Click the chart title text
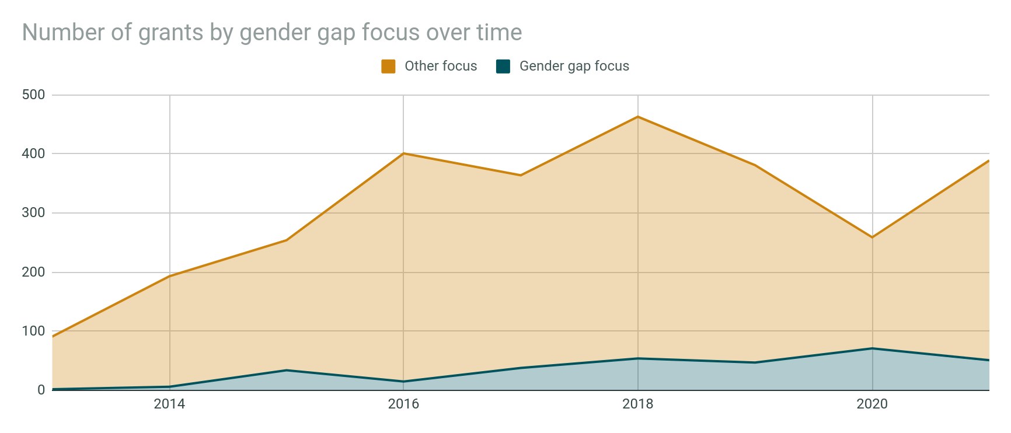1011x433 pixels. (x=272, y=33)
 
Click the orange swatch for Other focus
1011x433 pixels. (x=388, y=67)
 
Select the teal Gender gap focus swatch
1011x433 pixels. (x=503, y=67)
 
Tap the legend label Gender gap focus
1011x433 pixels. (x=574, y=67)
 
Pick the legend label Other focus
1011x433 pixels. (x=441, y=67)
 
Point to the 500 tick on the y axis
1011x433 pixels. (x=33, y=95)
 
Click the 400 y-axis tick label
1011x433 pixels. (x=33, y=153)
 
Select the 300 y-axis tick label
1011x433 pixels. (x=33, y=213)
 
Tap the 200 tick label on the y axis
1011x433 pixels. (x=33, y=272)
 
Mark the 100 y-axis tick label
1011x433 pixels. (x=33, y=331)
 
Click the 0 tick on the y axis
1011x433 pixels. (x=41, y=390)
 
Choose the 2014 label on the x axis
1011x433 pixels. (x=169, y=404)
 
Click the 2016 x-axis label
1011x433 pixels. (x=403, y=404)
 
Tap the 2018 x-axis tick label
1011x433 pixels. (x=638, y=404)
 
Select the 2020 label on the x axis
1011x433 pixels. (x=872, y=404)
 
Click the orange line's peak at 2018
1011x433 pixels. (x=638, y=117)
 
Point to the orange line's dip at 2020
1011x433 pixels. (x=872, y=238)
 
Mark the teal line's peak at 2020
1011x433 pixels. (x=872, y=348)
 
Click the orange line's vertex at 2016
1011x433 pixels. (x=403, y=153)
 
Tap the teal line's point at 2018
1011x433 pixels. (x=638, y=358)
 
